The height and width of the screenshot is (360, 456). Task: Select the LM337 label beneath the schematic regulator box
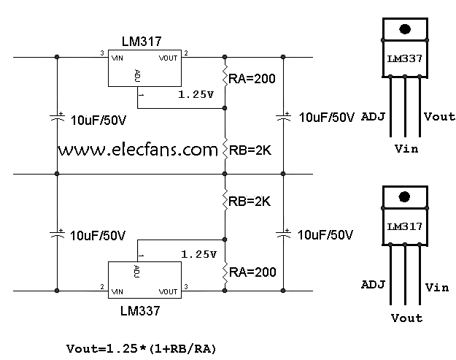tap(139, 310)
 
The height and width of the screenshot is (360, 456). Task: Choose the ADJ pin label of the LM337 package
tap(373, 116)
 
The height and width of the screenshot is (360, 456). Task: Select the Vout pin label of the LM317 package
tap(406, 318)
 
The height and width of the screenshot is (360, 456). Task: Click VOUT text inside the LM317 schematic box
tap(168, 55)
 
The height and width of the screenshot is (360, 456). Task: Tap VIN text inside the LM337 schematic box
tap(116, 291)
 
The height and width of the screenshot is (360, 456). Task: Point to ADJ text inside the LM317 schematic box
tap(136, 74)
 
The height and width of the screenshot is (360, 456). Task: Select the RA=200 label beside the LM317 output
tap(252, 78)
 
